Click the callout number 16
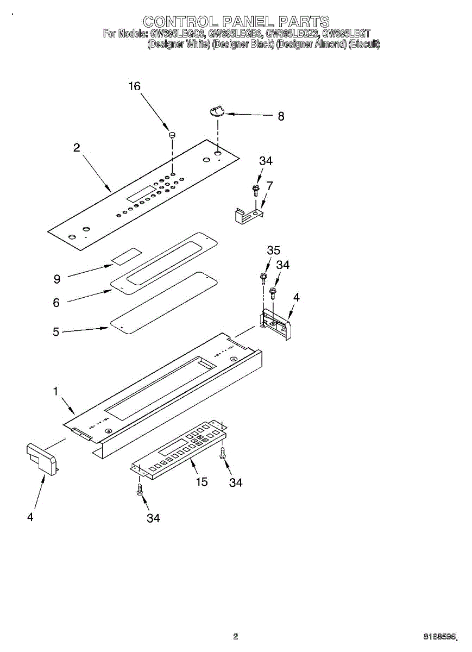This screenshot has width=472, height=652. (134, 86)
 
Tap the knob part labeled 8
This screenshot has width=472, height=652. (217, 111)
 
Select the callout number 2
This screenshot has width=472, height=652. (77, 147)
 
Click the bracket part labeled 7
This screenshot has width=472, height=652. (249, 214)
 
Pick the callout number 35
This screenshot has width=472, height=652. (273, 250)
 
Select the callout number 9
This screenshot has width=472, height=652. (57, 279)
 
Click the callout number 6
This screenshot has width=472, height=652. (56, 303)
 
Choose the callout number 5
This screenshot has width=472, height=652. (56, 331)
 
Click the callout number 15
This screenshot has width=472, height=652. (202, 481)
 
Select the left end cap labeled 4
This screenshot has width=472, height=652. (41, 458)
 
